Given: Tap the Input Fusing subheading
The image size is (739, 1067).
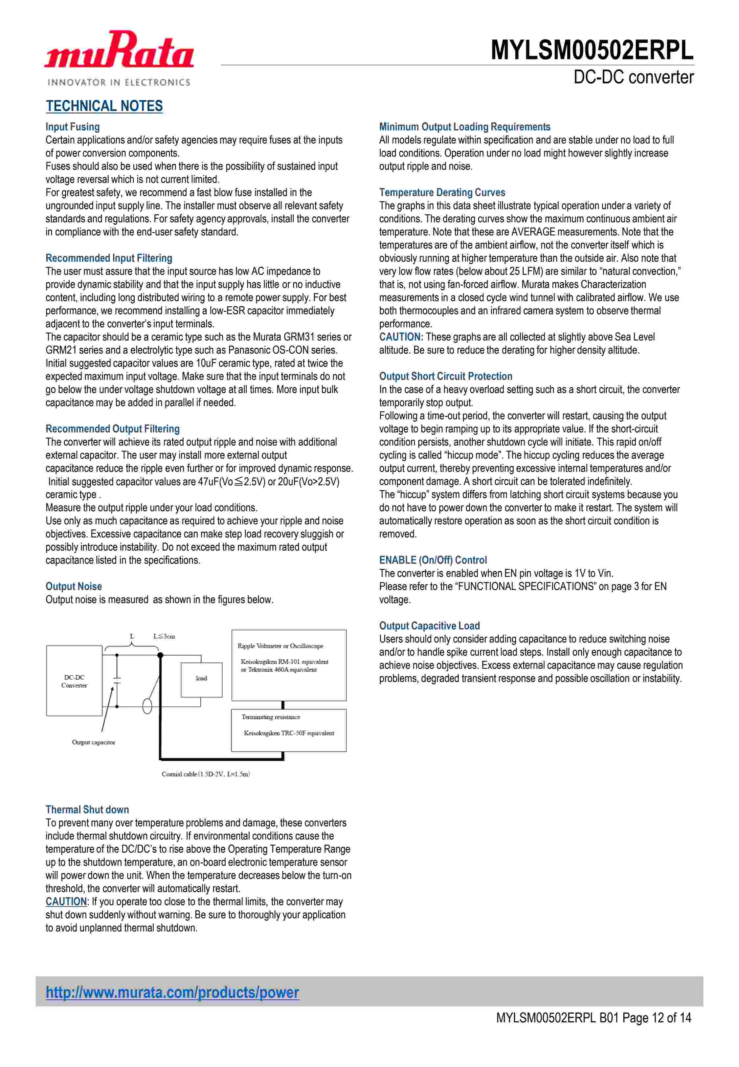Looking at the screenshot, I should (73, 127).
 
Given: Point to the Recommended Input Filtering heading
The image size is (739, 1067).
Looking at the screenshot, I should (109, 258).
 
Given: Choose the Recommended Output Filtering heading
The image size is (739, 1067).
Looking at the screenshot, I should (113, 429).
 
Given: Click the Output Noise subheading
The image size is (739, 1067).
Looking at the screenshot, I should (74, 587).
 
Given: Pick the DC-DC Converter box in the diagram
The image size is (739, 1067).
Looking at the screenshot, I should (74, 681).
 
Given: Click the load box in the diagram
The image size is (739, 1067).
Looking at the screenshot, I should (201, 678).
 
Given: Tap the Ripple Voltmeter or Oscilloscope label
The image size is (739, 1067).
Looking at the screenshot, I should (280, 646).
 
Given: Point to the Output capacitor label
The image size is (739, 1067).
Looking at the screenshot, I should (94, 742).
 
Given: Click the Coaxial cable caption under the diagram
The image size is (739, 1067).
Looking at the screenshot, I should (206, 774).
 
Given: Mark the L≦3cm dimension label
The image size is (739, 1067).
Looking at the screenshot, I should (164, 636).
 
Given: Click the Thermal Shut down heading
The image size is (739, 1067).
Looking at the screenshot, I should (87, 810).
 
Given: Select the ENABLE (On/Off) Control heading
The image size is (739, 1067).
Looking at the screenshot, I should (433, 560).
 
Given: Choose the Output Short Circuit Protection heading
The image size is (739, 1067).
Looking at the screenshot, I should (445, 377).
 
